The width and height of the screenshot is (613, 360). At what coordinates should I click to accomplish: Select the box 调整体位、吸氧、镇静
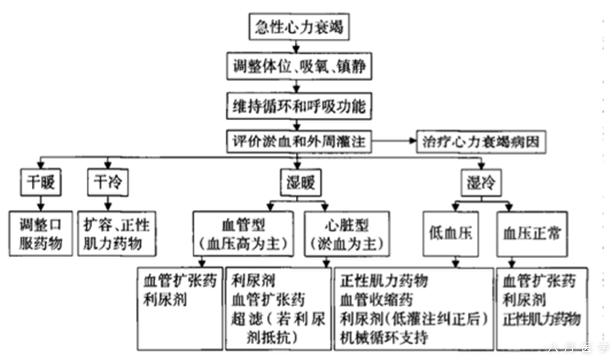click(x=298, y=68)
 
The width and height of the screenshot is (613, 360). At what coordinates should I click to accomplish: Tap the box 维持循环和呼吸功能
click(x=297, y=106)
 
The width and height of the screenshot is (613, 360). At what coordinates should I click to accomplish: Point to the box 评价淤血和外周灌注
click(x=297, y=141)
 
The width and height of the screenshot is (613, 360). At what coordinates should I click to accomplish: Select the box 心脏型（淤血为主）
click(x=344, y=233)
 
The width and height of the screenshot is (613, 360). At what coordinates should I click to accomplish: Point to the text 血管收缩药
click(x=376, y=300)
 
